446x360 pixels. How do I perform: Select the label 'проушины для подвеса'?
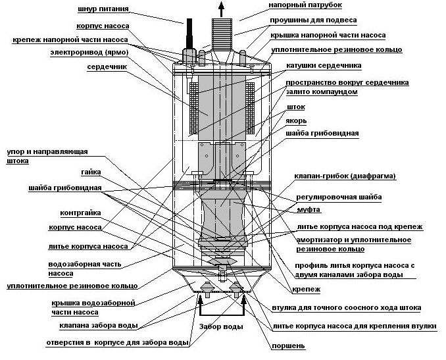pos(307,20)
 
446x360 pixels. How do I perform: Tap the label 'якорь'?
pos(295,121)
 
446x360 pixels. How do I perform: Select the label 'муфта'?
pos(309,209)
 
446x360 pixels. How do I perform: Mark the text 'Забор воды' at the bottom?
pos(221,326)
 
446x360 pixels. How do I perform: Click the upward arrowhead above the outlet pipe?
pos(220,7)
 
